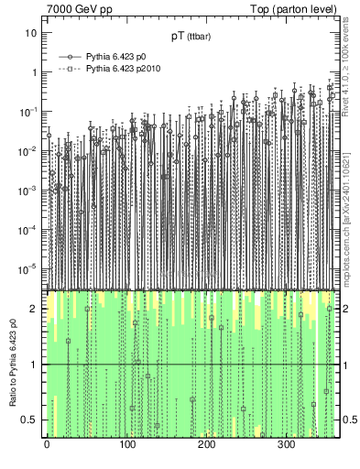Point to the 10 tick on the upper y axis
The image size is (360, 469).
31,32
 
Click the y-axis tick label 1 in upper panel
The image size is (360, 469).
34,71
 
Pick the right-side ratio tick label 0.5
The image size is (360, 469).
349,420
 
